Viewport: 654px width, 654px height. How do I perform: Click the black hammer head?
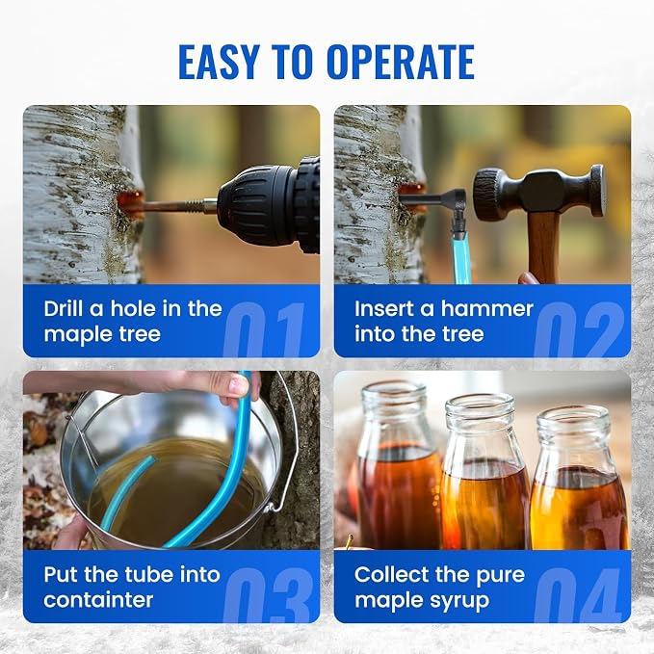pos(538,193)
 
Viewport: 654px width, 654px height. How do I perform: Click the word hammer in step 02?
pos(486,309)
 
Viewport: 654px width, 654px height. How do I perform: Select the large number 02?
pos(579,329)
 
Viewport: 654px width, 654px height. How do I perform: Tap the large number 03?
pos(268,595)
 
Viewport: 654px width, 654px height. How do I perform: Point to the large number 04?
pos(578,595)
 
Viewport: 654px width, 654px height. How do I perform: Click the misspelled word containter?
pos(98,600)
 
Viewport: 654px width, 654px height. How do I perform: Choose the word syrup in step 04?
pos(463,602)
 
